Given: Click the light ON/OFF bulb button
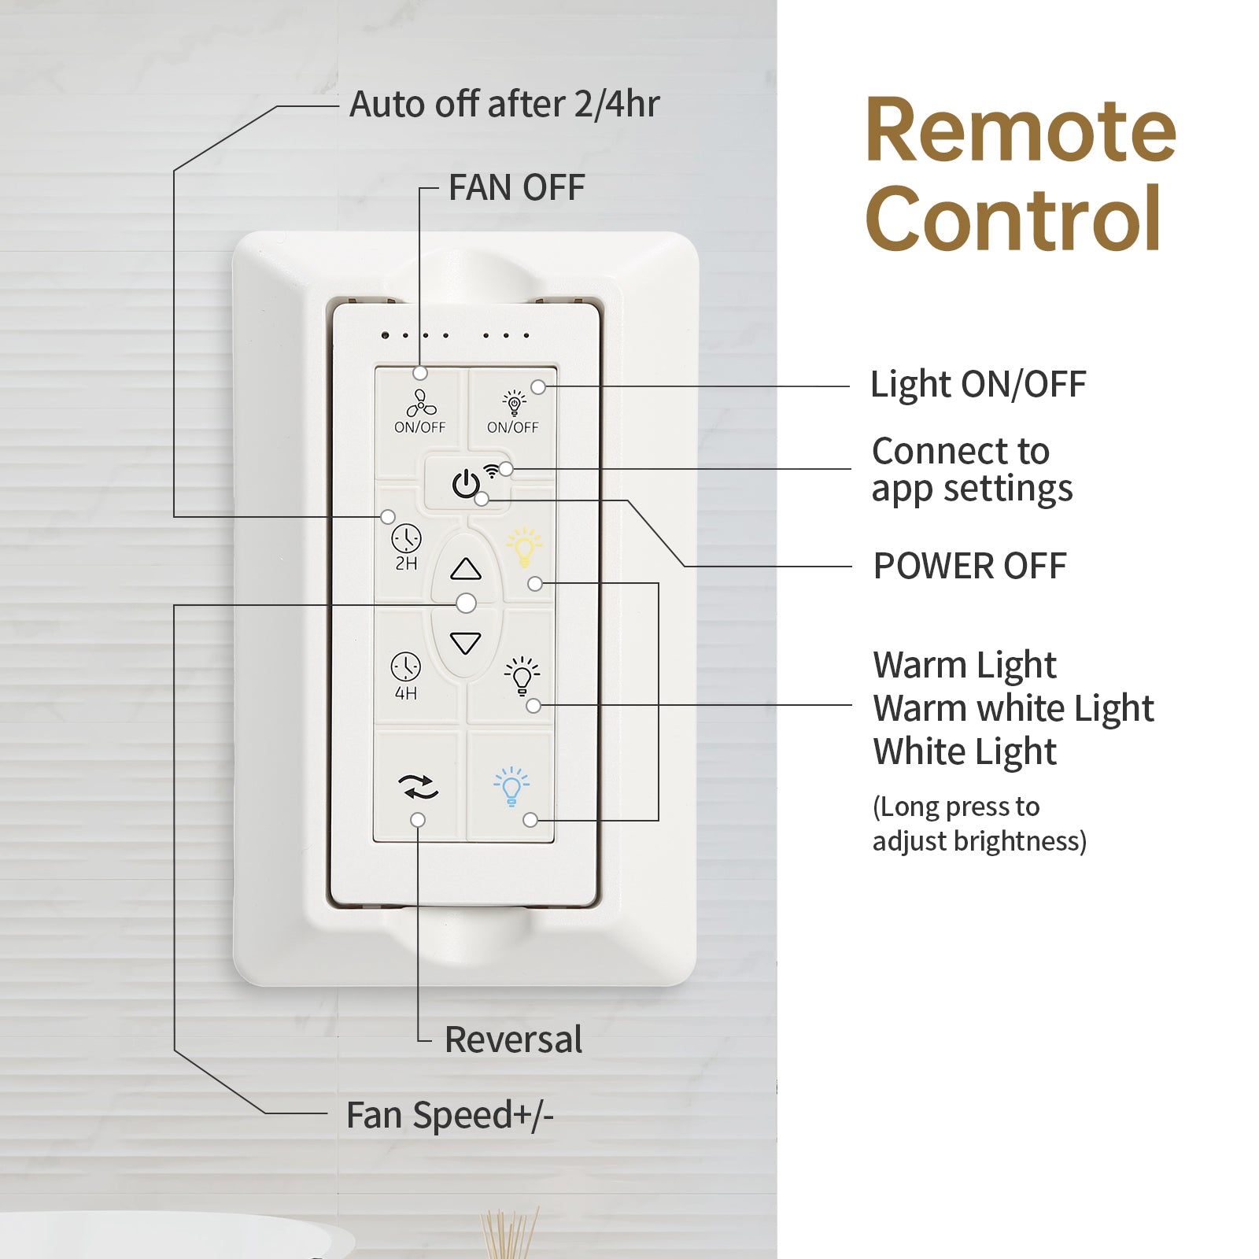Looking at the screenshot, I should point(514,404).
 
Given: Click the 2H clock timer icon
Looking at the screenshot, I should point(406,539).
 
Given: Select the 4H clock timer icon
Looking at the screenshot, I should point(405,667).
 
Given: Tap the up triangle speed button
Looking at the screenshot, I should point(466,569).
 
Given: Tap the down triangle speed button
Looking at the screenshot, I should point(466,643).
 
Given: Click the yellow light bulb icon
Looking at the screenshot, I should point(524,547).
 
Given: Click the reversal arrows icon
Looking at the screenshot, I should point(418,786).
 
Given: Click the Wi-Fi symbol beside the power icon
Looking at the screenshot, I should point(491,471).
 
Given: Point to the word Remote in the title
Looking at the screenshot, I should point(1020,130).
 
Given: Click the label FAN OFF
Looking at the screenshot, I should point(516,188).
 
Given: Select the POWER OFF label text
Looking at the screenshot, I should point(969,566).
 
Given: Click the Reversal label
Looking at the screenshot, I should point(513,1039).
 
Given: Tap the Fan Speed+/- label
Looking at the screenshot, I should point(450,1115).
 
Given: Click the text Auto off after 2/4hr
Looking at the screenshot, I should point(504,104).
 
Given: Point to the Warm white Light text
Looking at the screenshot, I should point(1013,708).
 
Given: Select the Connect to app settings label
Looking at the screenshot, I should point(972,470).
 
